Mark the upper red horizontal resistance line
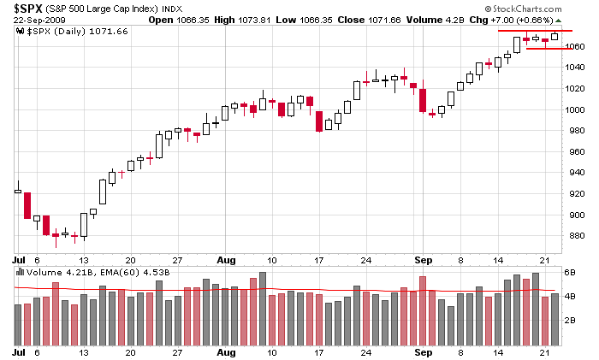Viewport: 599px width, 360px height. pos(536,31)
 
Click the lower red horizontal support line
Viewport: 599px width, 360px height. pos(549,49)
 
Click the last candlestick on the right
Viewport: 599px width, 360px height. pos(555,36)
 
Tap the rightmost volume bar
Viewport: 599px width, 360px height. pos(555,317)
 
